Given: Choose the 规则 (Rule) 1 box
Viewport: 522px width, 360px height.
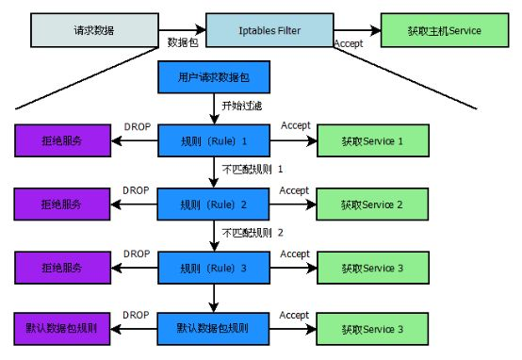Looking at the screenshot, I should coord(216,141).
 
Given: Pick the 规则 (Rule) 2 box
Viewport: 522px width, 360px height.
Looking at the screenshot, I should coord(216,204).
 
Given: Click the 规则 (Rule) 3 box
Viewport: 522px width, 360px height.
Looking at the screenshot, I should coord(216,268).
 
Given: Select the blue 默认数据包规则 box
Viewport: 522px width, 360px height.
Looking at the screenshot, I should coord(216,330).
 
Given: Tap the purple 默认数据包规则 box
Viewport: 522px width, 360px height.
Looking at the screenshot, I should coord(61,330).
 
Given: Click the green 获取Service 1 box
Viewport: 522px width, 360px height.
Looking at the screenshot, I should coord(361,141).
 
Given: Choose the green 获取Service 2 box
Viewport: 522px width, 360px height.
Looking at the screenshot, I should coord(361,204).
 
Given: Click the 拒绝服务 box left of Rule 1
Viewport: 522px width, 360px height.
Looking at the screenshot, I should coord(61,141).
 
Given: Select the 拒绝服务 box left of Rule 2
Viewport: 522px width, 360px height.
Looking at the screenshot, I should coord(61,204).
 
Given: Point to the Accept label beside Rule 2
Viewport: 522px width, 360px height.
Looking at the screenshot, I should coord(295,189).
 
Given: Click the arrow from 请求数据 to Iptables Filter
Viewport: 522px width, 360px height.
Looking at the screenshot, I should coord(178,29).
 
